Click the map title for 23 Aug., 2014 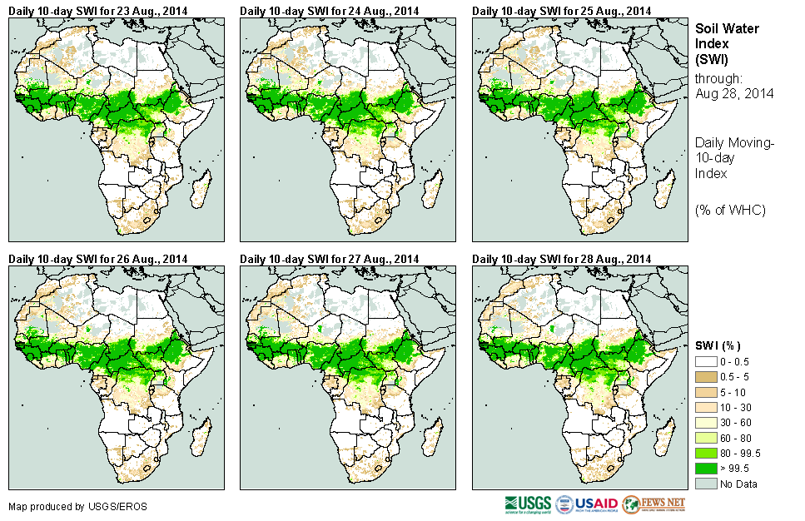pos(97,10)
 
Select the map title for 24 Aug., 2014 pos(330,10)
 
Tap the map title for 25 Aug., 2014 pos(562,10)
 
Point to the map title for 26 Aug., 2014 pos(97,259)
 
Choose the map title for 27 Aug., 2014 pos(330,259)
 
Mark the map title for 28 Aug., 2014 pos(562,259)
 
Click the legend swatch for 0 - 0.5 pos(706,362)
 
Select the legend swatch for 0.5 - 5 pos(706,377)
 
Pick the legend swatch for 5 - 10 pos(706,392)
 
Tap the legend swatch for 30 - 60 pos(706,423)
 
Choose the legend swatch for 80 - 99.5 pos(706,453)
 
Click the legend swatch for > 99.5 pos(706,469)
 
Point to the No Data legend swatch pos(706,484)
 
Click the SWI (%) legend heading pos(718,345)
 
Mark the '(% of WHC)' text pos(730,209)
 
